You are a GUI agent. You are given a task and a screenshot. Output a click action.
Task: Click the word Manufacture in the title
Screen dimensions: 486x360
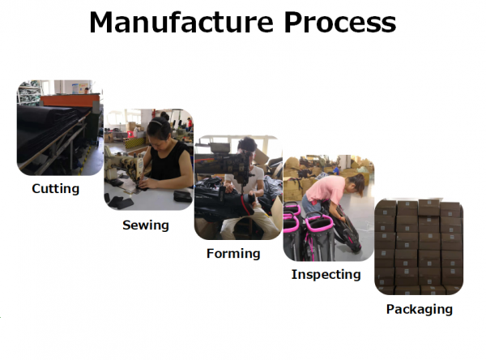181,23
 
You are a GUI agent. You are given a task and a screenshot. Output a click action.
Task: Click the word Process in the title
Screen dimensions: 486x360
340,23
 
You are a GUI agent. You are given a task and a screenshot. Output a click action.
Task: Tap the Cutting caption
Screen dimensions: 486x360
55,189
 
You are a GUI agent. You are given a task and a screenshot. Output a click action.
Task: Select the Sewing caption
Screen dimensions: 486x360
146,225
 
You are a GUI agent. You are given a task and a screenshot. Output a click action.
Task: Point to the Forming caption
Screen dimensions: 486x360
233,254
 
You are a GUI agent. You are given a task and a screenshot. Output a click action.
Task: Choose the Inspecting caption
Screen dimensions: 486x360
326,275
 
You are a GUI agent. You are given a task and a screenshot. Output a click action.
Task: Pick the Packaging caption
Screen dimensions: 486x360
420,310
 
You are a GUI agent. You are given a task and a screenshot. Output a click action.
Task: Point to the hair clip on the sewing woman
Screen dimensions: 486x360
156,122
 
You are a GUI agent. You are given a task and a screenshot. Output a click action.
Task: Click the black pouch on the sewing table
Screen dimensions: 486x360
183,196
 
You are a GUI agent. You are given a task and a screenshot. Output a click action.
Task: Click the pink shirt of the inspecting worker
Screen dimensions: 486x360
326,188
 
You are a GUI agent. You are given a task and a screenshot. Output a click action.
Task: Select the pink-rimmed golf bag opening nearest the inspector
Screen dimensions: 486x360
319,221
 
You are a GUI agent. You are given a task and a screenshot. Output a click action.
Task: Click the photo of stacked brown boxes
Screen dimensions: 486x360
419,246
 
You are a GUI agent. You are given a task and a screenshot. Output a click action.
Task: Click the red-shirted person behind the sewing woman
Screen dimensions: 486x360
189,124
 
